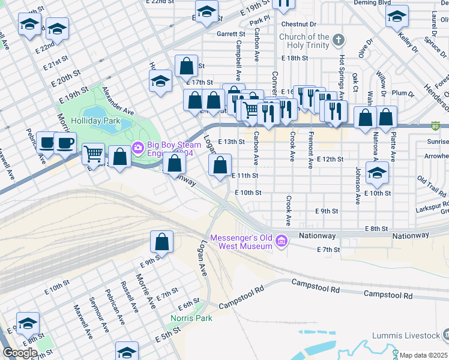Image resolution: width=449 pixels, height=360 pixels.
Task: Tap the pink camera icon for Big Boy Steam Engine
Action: pyautogui.click(x=138, y=146)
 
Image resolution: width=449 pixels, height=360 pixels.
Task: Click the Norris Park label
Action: pyautogui.click(x=191, y=318)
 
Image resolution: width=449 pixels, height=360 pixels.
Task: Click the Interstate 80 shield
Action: pyautogui.click(x=435, y=126)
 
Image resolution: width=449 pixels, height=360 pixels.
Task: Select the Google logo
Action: pyautogui.click(x=20, y=353)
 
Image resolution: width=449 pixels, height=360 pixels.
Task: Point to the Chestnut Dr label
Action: pyautogui.click(x=298, y=24)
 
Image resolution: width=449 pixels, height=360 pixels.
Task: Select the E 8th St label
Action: pyautogui.click(x=377, y=229)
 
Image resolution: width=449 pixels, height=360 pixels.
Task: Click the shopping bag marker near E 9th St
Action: pyautogui.click(x=161, y=242)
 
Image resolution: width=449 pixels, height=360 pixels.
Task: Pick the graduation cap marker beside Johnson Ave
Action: pyautogui.click(x=377, y=173)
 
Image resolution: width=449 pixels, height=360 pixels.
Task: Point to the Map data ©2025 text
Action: pyautogui.click(x=424, y=355)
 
